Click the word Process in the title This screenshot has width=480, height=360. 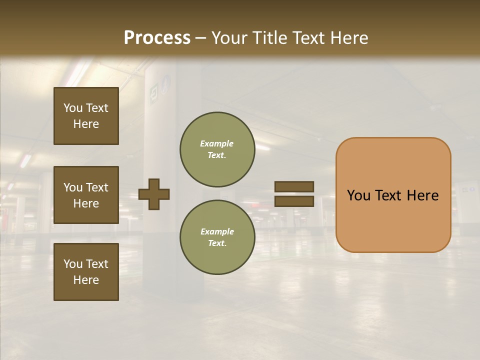(x=157, y=38)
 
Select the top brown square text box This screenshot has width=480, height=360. (x=86, y=116)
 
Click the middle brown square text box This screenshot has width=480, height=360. (x=86, y=195)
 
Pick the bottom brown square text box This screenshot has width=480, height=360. (x=86, y=272)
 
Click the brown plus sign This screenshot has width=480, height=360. (x=154, y=194)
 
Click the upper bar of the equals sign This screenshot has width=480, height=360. (x=294, y=186)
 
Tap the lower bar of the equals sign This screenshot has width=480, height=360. (x=294, y=201)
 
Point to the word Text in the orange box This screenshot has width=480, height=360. (x=393, y=195)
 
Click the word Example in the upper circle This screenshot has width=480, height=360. (x=216, y=143)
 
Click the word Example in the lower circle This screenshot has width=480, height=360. (x=216, y=231)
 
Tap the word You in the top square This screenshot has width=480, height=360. (x=72, y=108)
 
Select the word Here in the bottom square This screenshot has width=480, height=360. (x=86, y=280)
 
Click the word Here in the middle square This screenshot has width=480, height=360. (x=86, y=203)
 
